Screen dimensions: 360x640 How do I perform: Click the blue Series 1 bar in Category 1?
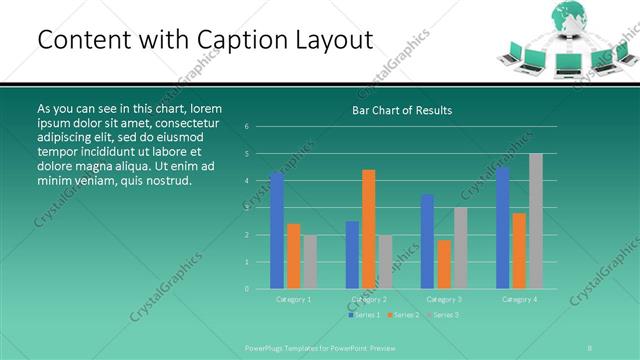[277, 230]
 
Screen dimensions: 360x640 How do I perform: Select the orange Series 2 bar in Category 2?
[369, 229]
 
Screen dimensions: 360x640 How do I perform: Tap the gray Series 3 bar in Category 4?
[536, 221]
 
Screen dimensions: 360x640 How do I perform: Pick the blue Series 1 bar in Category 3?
[428, 241]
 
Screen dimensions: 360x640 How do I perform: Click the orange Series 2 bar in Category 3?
[444, 264]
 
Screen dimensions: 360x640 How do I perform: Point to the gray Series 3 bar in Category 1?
[310, 262]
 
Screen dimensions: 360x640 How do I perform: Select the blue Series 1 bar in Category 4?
[503, 228]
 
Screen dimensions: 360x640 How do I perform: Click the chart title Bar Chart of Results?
[402, 111]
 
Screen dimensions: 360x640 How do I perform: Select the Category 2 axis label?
[369, 299]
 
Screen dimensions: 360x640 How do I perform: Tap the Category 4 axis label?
[520, 299]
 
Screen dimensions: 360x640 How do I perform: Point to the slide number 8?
[591, 346]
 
